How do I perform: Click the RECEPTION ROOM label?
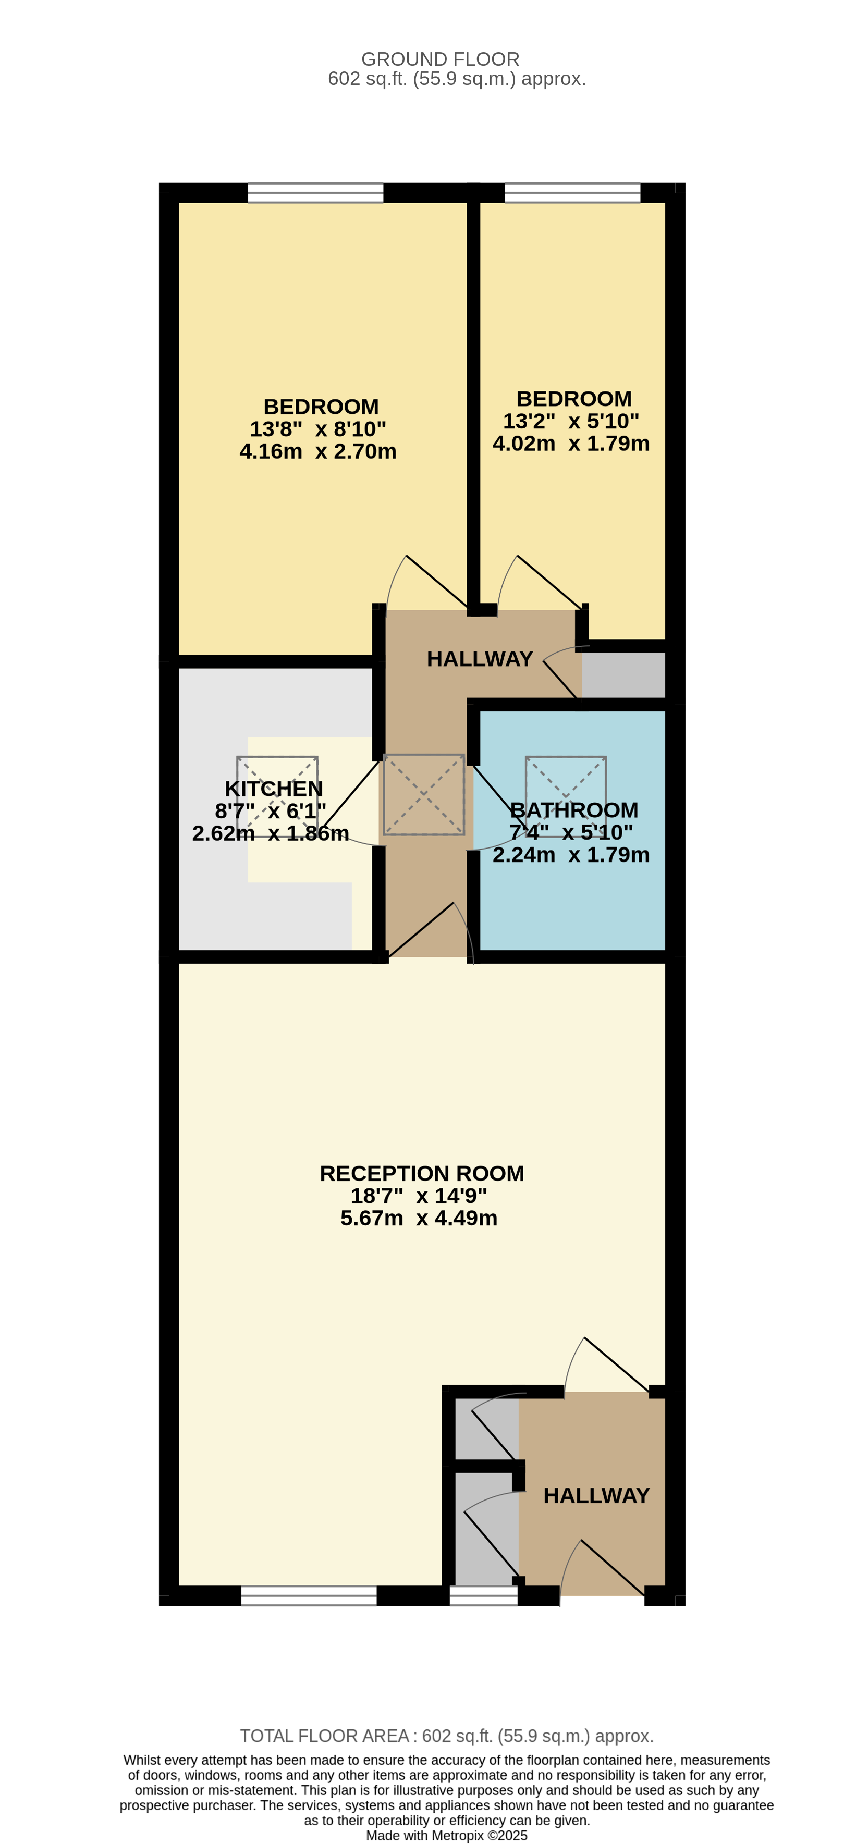pos(422,1173)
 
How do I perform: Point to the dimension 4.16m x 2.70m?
pos(318,452)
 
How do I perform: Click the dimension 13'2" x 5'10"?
pos(570,421)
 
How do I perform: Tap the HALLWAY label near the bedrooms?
pos(480,659)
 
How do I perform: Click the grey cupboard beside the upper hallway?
pos(623,675)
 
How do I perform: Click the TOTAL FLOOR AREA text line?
pos(447,1736)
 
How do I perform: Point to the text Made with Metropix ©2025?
pos(447,1836)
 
